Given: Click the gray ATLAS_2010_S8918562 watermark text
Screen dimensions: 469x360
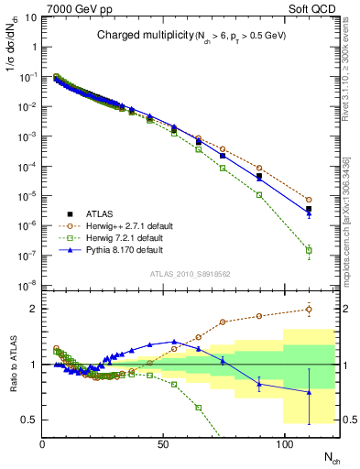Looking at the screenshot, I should [x=191, y=274].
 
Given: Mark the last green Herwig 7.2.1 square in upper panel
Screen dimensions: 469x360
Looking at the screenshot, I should [x=309, y=250].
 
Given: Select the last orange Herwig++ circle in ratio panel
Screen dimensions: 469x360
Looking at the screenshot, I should [x=309, y=310].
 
